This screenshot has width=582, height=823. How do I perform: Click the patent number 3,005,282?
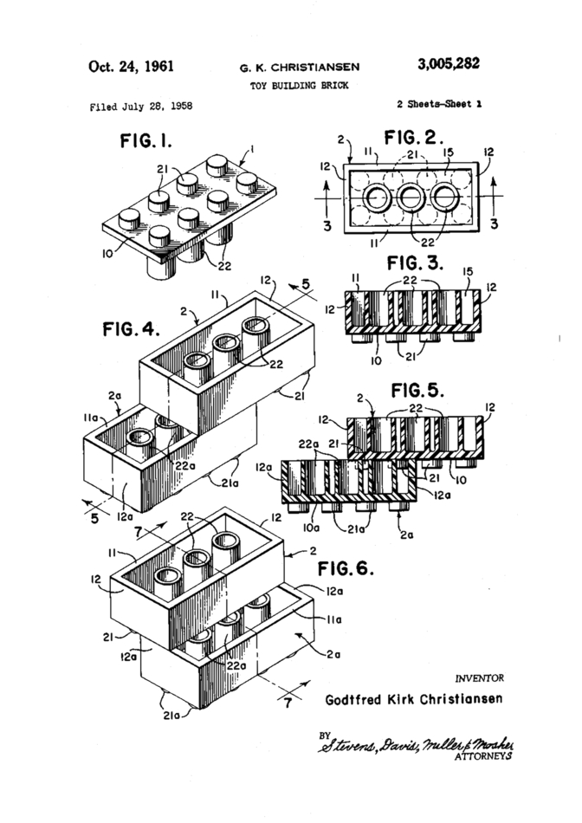tap(449, 65)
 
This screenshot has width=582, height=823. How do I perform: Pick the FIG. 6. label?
tap(346, 569)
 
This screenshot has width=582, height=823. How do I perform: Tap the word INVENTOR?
tap(478, 677)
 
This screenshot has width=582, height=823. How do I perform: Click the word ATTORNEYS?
tap(482, 755)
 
